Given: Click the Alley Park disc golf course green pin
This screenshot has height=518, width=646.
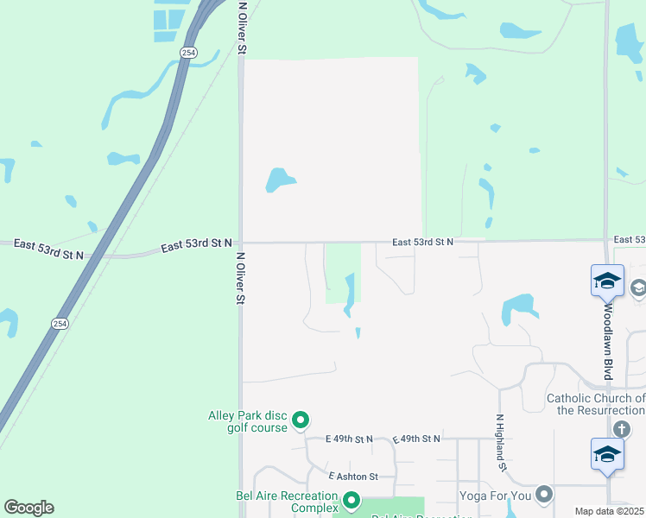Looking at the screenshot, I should click(301, 420).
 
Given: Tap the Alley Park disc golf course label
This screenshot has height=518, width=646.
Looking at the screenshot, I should click(247, 421).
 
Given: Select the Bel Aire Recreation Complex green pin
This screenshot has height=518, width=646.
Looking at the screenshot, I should click(351, 500).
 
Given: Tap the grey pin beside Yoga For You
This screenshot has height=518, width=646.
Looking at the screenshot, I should click(543, 495).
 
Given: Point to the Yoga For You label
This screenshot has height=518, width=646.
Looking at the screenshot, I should click(495, 496).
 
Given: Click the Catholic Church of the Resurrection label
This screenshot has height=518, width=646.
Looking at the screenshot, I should click(596, 404).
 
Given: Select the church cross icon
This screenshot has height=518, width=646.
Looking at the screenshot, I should click(620, 429).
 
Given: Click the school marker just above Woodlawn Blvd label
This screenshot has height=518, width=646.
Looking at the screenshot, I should click(607, 281).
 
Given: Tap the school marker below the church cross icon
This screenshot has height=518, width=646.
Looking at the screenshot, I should click(607, 454).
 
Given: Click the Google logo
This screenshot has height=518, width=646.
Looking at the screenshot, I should click(28, 508).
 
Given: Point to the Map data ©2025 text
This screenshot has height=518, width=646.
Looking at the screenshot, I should click(609, 512).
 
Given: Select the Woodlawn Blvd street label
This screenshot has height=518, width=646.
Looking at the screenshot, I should click(608, 341).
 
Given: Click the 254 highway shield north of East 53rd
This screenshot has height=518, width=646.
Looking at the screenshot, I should click(188, 53).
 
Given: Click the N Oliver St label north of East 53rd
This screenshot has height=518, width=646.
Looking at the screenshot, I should click(243, 28).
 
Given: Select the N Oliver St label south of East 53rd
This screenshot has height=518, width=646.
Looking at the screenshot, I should click(241, 278).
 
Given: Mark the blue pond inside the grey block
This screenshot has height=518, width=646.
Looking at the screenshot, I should click(279, 180).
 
